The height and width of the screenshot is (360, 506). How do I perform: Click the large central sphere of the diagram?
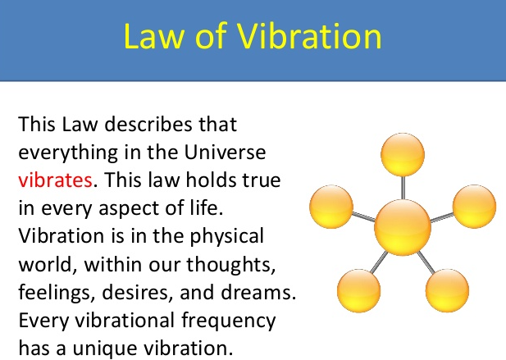tap(402, 226)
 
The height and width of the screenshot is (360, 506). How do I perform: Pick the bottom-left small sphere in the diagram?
tap(358, 288)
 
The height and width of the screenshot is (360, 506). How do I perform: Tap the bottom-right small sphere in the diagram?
tap(448, 288)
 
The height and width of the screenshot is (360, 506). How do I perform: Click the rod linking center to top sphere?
tap(403, 189)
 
